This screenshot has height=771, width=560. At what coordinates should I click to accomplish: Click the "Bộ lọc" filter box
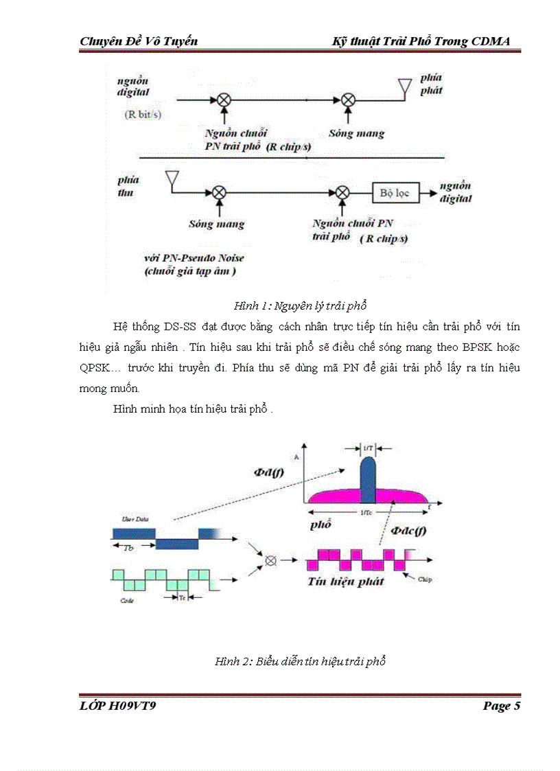[394, 193]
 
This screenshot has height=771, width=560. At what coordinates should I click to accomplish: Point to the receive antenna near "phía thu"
[172, 180]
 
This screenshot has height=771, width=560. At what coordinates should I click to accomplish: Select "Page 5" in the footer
[502, 706]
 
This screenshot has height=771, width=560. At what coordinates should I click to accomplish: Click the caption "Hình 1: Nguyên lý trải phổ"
[301, 306]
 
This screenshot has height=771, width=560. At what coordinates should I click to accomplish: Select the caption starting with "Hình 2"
[301, 662]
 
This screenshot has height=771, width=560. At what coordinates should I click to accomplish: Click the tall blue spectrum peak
[368, 478]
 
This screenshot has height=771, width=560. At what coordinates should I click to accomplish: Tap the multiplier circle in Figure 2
[270, 561]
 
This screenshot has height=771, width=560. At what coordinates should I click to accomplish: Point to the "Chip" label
[425, 579]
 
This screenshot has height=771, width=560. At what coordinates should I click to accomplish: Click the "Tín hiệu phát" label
[345, 582]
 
